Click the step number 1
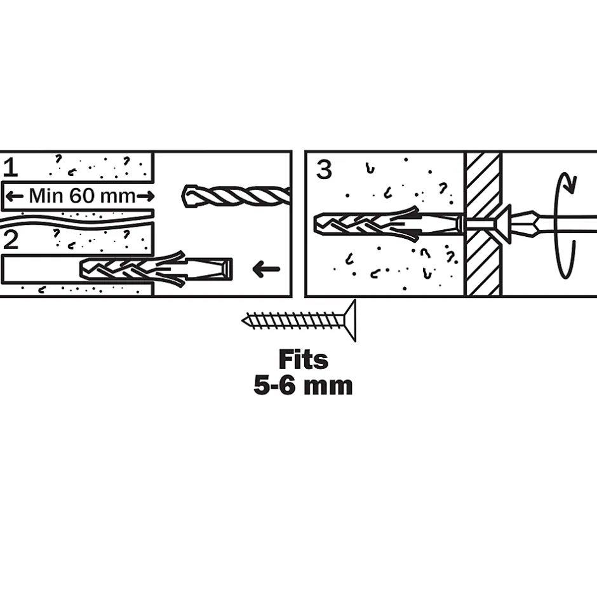(x=10, y=168)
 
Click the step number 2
(x=10, y=240)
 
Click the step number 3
(x=324, y=170)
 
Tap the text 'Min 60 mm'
(x=82, y=196)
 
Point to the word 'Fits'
(x=303, y=359)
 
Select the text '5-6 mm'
(x=303, y=386)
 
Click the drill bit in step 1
(x=236, y=196)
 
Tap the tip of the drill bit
(x=183, y=196)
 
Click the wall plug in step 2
(x=156, y=269)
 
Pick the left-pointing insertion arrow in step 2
(x=266, y=269)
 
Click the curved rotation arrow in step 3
(x=565, y=225)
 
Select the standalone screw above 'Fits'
(x=299, y=321)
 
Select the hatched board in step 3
(x=483, y=224)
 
